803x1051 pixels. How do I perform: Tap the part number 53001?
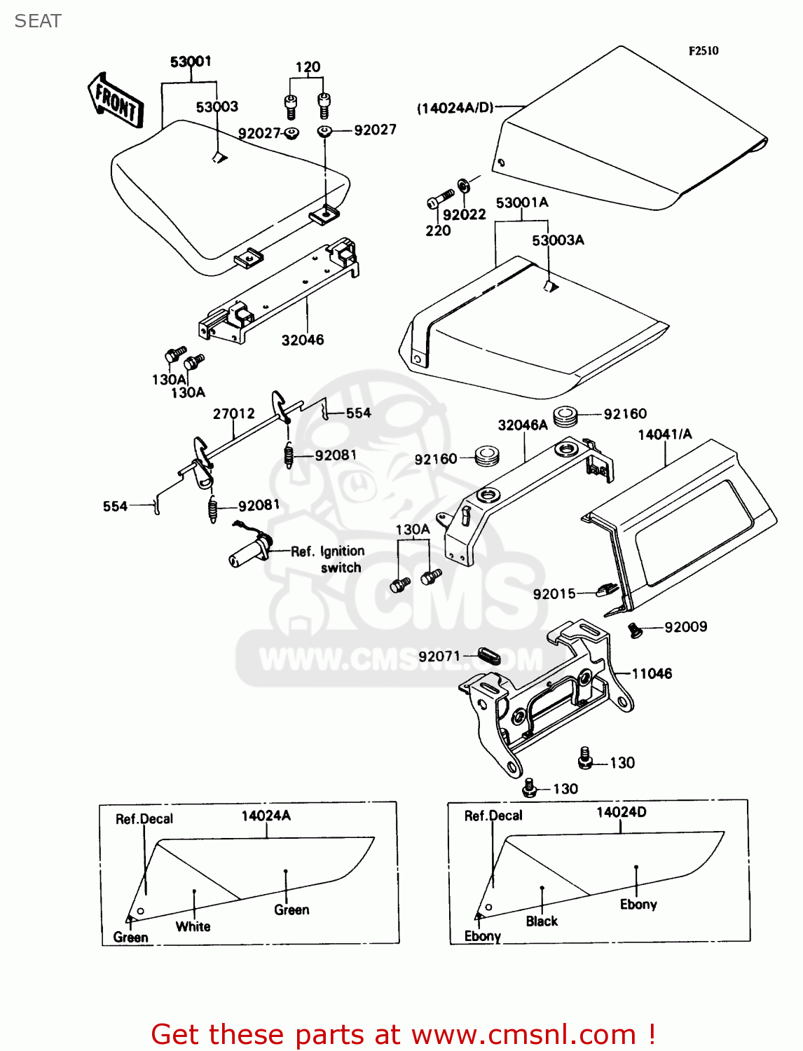coord(191,62)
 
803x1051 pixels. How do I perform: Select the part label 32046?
coord(303,341)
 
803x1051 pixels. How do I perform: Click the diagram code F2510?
coord(703,50)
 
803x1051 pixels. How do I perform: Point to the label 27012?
coord(234,414)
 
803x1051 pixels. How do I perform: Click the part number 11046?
coord(652,674)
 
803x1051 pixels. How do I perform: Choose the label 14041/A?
coord(664,434)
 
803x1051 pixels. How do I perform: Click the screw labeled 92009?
coord(635,630)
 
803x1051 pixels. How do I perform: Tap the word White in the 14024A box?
coord(193,926)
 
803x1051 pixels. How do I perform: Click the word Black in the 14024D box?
coord(542,921)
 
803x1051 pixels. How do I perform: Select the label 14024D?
coord(621,813)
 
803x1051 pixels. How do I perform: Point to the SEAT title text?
coord(38,21)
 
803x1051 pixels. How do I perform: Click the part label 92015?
coord(554,594)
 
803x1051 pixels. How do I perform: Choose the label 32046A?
coord(523,425)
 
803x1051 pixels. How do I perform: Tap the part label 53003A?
coord(558,240)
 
